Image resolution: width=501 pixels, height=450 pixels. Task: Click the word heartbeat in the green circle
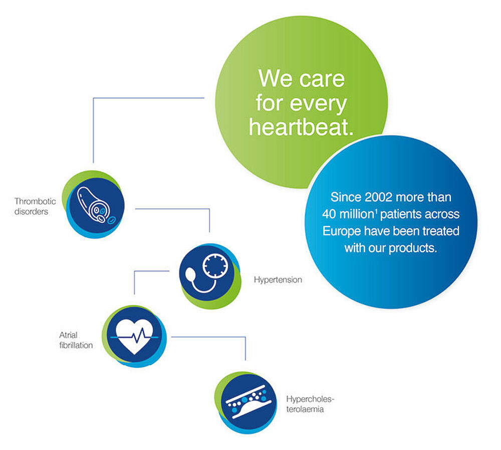coord(301,127)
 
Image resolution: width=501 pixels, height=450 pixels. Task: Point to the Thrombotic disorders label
coord(35,206)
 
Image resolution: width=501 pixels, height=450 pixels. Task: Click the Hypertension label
coord(278,280)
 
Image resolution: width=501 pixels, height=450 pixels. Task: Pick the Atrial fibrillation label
coord(76,340)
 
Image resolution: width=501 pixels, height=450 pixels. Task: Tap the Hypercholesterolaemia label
coord(310,404)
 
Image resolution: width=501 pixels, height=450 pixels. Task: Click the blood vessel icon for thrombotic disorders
coord(96,205)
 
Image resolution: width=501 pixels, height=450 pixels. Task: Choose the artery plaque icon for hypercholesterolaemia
coord(248,402)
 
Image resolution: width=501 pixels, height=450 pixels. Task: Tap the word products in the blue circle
coord(413,248)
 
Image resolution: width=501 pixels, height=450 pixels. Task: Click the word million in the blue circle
coord(356,214)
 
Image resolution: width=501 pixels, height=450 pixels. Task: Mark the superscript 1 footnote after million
coord(376,211)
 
